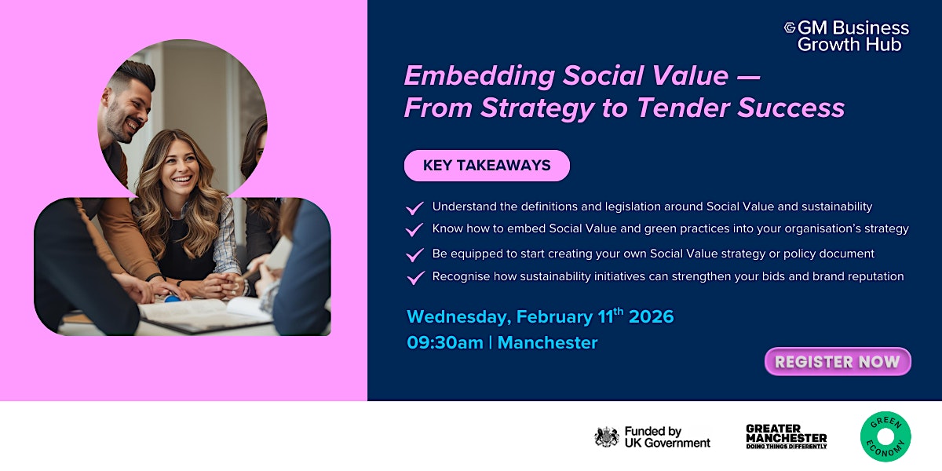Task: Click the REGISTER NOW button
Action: [x=838, y=362]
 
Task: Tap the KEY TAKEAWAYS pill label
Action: [x=487, y=166]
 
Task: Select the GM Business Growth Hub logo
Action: [x=847, y=36]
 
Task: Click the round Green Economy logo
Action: [x=885, y=436]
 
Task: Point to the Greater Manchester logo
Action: [x=786, y=436]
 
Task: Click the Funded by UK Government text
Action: [x=666, y=437]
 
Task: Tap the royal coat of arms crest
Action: [x=606, y=437]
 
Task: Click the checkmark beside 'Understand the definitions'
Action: [x=414, y=208]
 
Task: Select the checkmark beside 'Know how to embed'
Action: [x=414, y=230]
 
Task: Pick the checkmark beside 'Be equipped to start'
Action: [x=414, y=255]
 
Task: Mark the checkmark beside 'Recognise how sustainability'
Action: [x=414, y=278]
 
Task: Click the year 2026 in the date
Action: [x=651, y=317]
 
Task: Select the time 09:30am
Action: [x=444, y=343]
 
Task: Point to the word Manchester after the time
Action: [x=547, y=343]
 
